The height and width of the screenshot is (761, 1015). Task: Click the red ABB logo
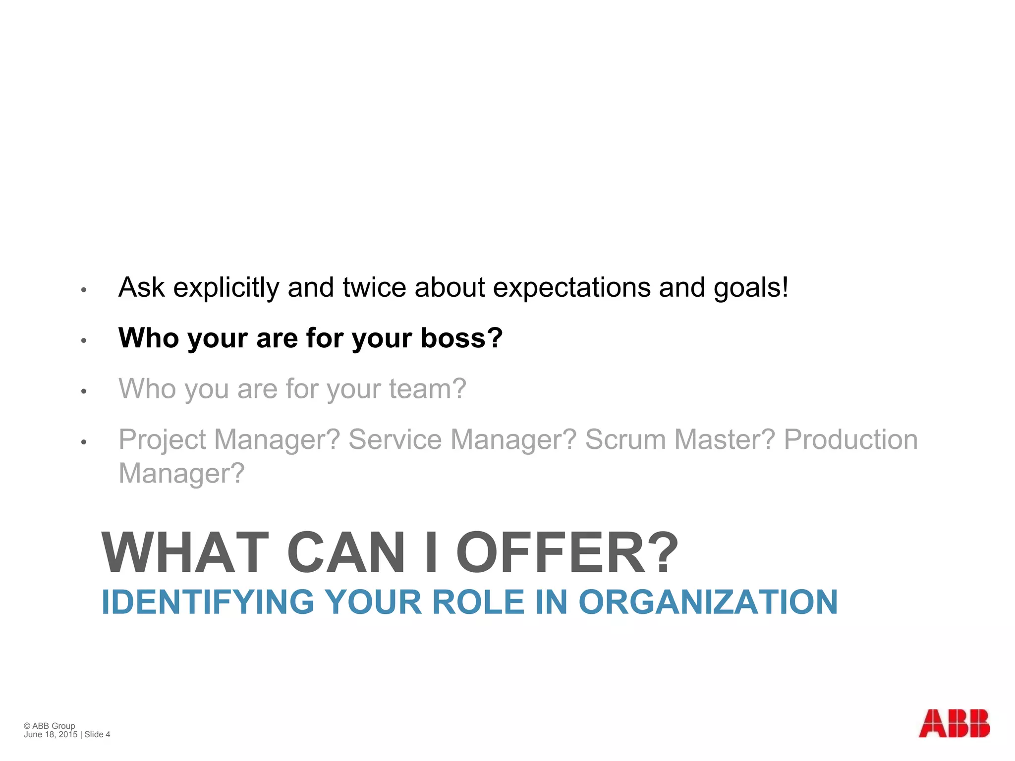[x=954, y=723]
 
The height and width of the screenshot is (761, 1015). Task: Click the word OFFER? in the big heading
[x=567, y=552]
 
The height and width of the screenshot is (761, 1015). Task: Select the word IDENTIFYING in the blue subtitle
[x=208, y=602]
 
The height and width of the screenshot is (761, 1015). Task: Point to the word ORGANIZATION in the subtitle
[x=708, y=602]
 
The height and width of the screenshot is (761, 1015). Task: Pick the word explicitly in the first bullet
[x=226, y=288]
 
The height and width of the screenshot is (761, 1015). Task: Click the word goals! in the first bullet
[x=751, y=288]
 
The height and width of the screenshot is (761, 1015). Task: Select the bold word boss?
[x=462, y=338]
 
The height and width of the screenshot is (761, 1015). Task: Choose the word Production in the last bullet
[x=850, y=439]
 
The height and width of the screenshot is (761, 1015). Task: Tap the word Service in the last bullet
[x=395, y=439]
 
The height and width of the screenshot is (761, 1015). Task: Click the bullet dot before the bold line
[x=84, y=340]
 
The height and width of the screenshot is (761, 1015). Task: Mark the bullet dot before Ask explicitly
[x=84, y=290]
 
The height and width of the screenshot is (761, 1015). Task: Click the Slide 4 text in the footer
[x=97, y=734]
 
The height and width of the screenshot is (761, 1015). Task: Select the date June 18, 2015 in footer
[x=51, y=734]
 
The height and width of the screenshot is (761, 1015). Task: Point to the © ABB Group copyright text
[x=50, y=726]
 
